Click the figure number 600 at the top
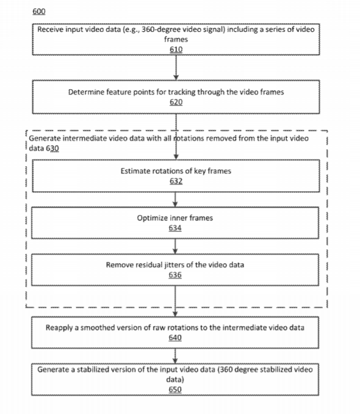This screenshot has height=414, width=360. point(39,12)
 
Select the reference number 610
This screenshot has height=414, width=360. point(176,49)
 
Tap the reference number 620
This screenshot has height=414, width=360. point(176,102)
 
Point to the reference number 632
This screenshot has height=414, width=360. point(176,181)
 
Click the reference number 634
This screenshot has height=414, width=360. point(175,228)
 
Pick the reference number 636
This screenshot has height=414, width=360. point(175,275)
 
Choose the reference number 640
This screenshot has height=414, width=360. point(175,338)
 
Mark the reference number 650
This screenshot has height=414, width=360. point(175,390)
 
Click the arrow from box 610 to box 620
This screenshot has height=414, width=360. point(176,67)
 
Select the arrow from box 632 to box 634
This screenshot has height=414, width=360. point(175,199)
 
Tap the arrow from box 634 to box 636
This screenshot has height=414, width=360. point(175,246)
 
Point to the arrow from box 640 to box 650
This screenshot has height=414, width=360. point(175,356)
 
